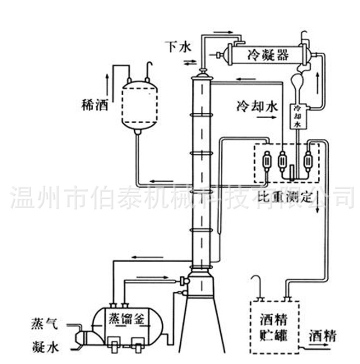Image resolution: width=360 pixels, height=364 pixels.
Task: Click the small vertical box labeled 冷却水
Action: [298, 116]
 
